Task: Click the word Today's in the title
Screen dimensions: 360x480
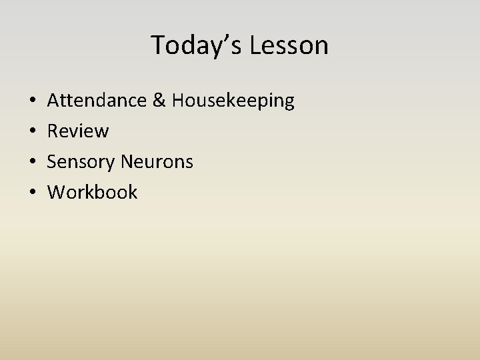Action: (197, 45)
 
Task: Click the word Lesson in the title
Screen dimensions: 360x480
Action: (289, 45)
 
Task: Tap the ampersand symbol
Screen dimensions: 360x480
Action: (160, 101)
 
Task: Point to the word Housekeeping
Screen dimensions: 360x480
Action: (233, 101)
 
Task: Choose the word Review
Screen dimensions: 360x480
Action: (78, 131)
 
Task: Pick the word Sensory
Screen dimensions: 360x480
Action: (82, 162)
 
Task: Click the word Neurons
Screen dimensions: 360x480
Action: (158, 162)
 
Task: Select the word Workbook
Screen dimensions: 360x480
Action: (93, 193)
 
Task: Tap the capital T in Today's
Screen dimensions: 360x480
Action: (159, 45)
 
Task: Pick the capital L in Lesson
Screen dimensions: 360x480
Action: (256, 45)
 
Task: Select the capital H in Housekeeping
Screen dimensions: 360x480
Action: (179, 101)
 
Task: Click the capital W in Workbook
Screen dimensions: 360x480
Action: (57, 193)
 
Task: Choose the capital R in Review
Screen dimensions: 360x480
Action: (53, 131)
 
